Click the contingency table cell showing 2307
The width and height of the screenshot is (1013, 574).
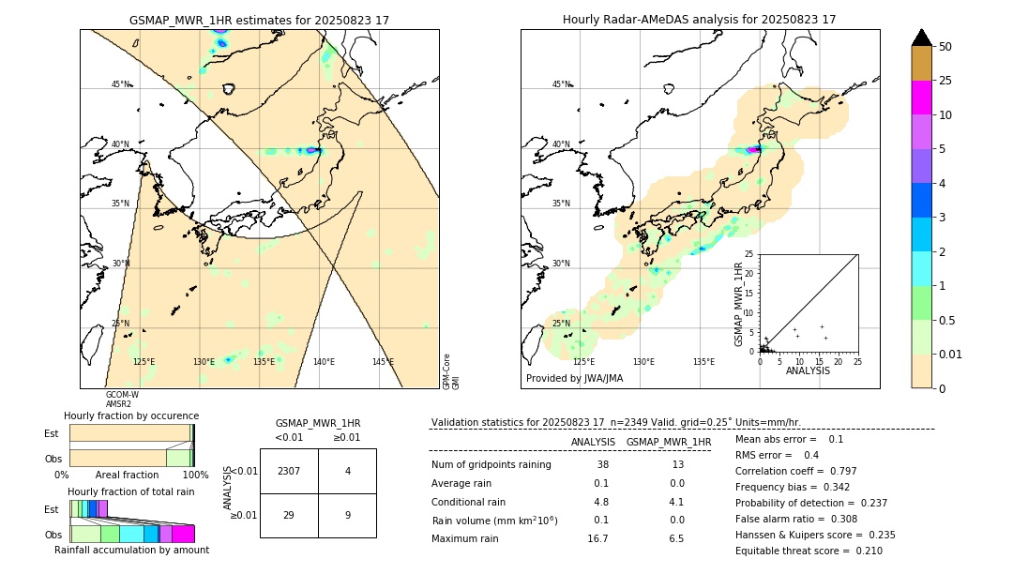pos(289,471)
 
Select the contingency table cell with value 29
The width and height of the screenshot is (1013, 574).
pos(289,515)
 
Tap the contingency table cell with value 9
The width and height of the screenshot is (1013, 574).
pos(347,515)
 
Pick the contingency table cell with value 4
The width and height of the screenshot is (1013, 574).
pos(347,471)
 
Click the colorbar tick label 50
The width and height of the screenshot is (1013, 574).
pos(945,47)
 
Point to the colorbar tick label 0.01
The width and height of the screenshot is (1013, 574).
pos(951,354)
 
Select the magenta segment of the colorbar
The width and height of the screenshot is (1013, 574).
pos(922,98)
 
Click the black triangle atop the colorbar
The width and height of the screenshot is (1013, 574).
pos(922,38)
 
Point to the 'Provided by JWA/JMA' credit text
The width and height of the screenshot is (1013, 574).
pos(574,379)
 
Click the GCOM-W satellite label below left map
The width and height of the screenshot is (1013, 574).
pos(122,395)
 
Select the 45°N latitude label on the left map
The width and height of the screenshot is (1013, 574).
pos(121,84)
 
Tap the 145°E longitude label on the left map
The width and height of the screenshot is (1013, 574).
pos(383,362)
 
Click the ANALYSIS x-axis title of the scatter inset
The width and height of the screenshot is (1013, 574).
pos(808,370)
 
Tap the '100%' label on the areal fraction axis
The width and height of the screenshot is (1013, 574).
pos(195,476)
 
